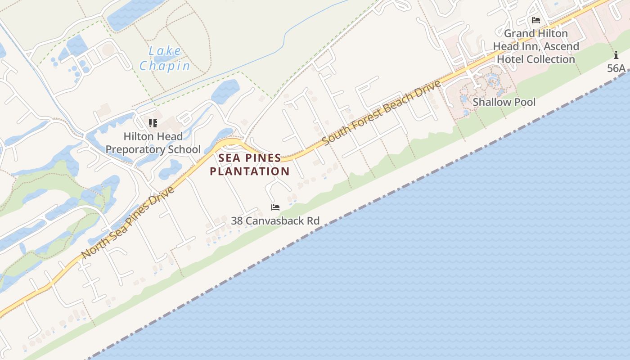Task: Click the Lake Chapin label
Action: (165, 58)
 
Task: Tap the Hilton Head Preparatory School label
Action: (153, 143)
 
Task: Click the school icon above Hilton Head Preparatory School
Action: (153, 123)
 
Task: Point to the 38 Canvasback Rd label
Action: (275, 221)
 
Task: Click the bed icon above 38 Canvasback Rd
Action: (275, 207)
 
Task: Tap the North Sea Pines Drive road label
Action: (128, 223)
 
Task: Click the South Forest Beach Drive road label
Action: (381, 112)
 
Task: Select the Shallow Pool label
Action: (504, 102)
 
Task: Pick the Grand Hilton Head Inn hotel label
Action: (535, 46)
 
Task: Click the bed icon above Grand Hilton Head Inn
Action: (535, 20)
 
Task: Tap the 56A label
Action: (616, 68)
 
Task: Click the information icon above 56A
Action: (616, 55)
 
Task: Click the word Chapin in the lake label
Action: (165, 66)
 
